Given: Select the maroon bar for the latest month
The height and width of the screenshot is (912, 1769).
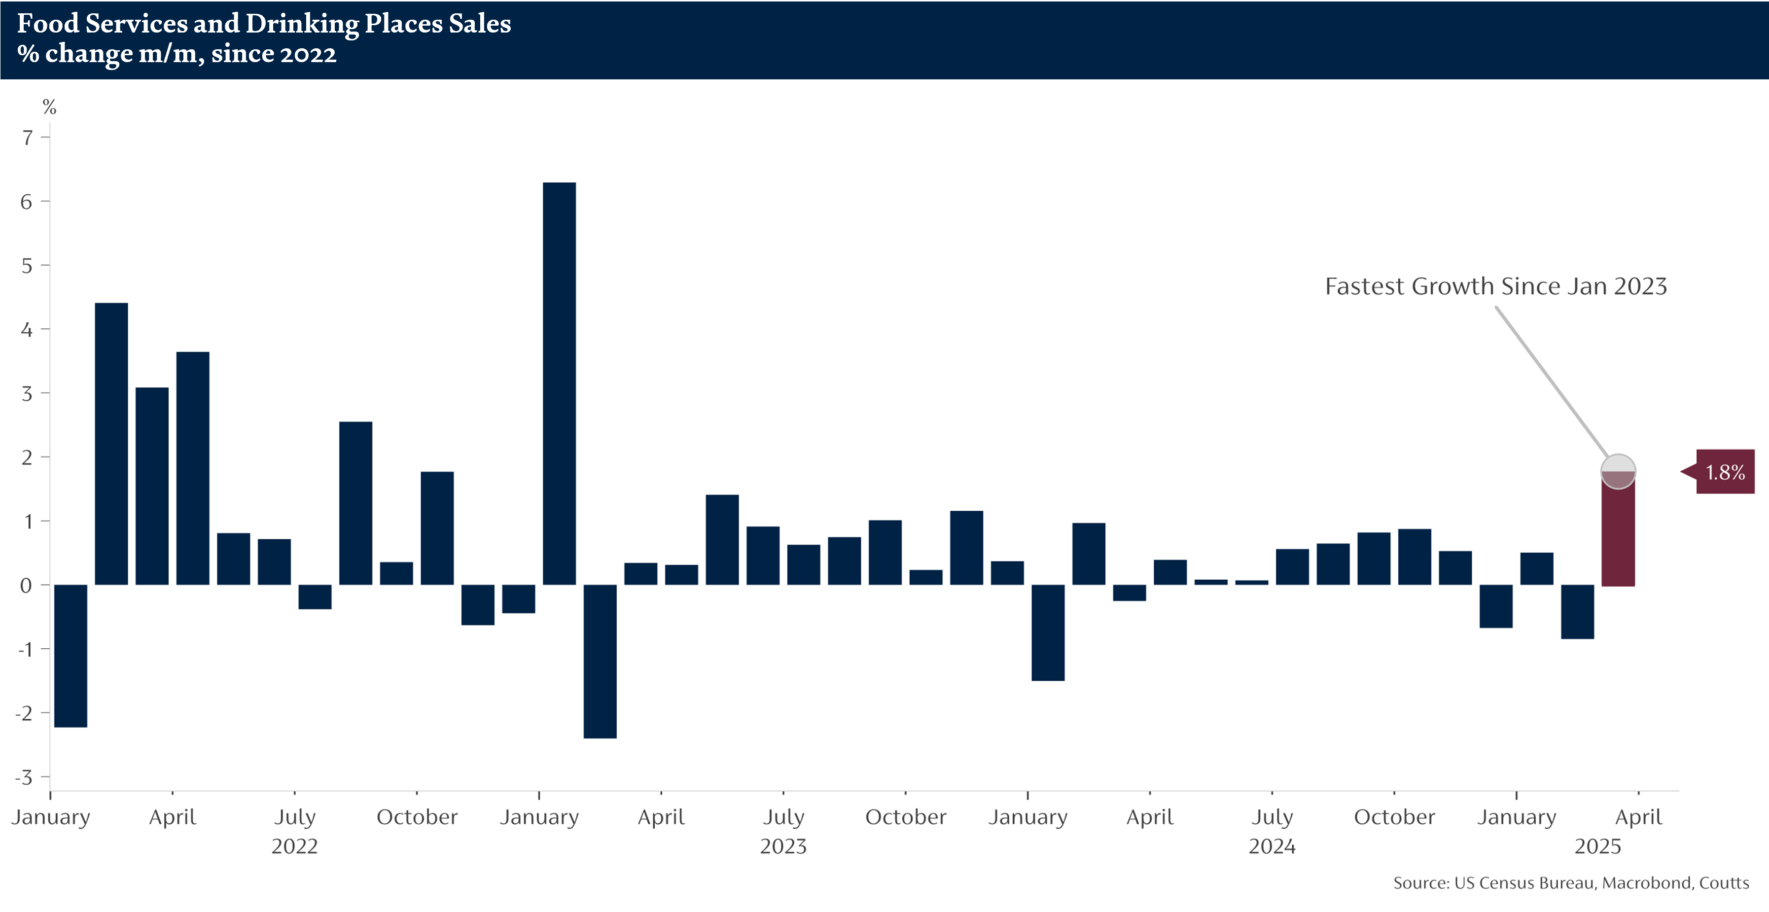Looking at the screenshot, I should point(1618,536).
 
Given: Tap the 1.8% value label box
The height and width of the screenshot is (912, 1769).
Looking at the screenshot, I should point(1725,472).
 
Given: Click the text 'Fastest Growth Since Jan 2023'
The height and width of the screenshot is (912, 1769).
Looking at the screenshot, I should point(1496,286).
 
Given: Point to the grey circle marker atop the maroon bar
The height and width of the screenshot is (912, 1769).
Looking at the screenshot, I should point(1618,472).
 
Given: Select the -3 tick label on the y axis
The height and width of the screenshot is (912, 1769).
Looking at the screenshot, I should point(25,777).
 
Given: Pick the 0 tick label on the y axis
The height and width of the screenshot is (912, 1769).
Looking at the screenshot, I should point(26,585).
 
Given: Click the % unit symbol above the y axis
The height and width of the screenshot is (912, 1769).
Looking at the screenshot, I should point(49,106).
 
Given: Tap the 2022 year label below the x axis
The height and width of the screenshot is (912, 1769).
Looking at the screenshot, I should point(295,846).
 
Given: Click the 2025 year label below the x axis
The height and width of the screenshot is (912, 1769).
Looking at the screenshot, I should point(1597,846).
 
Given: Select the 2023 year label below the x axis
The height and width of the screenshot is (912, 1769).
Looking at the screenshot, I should point(783,846).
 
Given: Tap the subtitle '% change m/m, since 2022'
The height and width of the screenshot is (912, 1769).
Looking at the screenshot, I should point(177,54).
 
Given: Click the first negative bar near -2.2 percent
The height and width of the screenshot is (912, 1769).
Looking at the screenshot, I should point(71,656).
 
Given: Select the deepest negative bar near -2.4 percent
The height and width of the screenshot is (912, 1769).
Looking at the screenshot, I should point(600,662).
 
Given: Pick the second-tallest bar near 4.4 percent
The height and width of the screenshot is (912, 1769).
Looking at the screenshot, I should point(111,444).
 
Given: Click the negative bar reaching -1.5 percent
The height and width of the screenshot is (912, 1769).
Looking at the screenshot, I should point(1048,632).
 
